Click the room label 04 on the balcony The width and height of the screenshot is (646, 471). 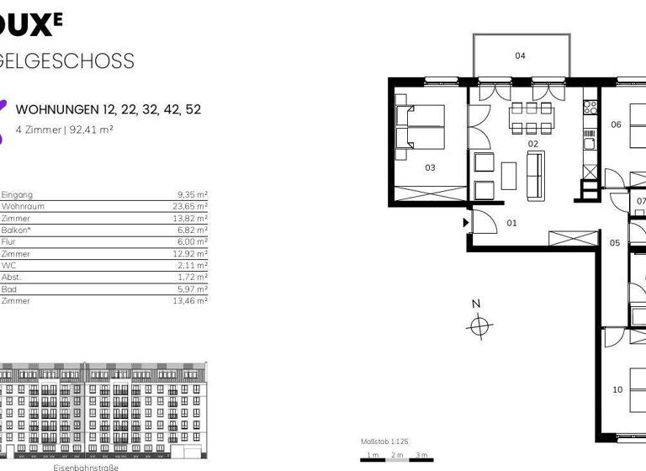[520, 56]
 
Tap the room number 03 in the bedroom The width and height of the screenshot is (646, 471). [430, 167]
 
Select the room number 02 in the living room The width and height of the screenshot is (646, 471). [532, 144]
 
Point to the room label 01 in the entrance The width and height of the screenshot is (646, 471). [511, 223]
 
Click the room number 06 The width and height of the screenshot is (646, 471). [616, 124]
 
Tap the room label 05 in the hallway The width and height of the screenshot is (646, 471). [615, 243]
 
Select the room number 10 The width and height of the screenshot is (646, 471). [617, 389]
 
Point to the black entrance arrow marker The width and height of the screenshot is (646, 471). [464, 223]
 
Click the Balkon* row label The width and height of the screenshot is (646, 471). [15, 230]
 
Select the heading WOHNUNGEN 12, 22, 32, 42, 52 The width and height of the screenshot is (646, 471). [109, 110]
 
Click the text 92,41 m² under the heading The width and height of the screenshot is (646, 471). [93, 130]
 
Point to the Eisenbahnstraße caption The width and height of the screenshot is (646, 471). [86, 466]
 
